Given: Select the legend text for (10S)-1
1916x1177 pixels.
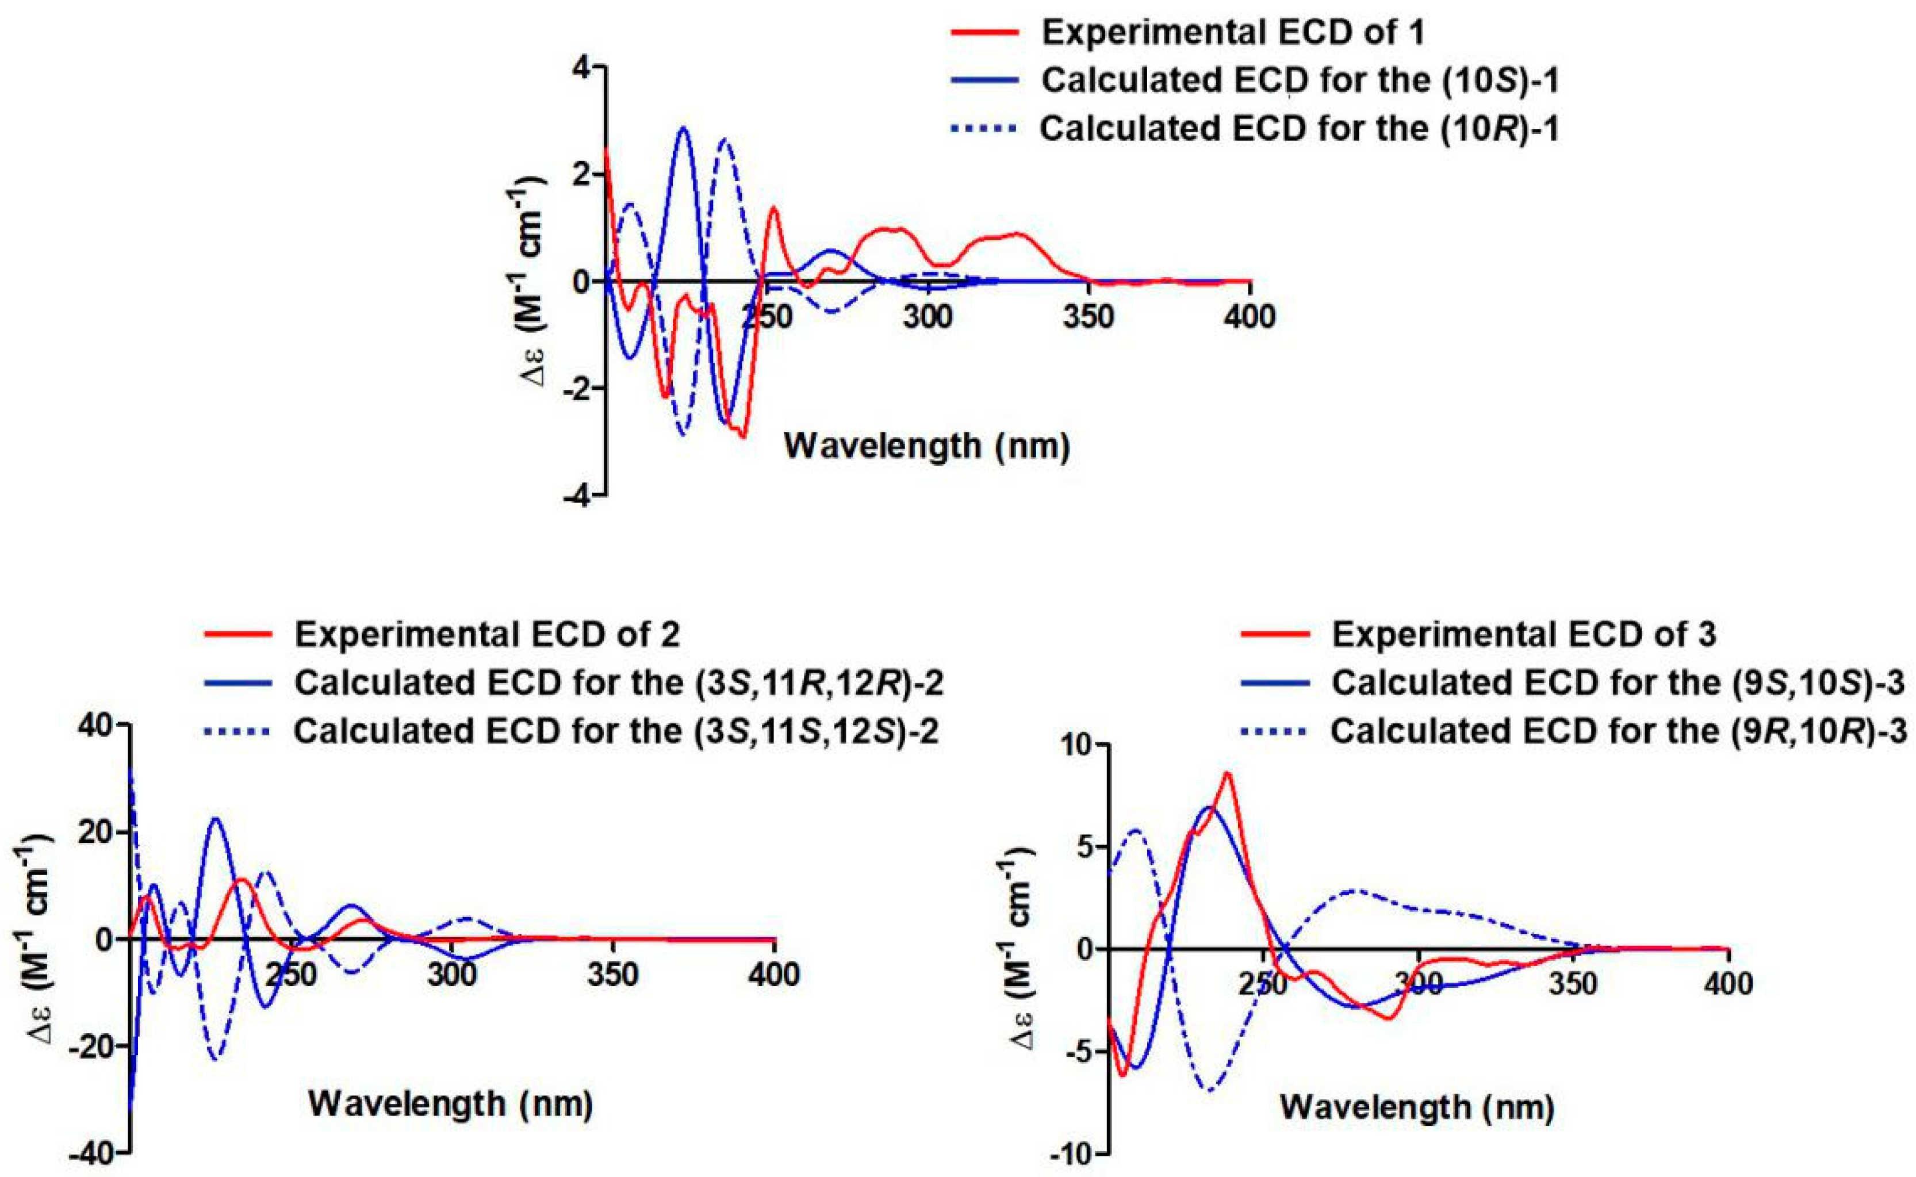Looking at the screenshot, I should coord(1300,81).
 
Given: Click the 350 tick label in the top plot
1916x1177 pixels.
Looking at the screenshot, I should coord(1089,317).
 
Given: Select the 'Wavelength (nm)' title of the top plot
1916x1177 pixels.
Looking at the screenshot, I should coord(926,446).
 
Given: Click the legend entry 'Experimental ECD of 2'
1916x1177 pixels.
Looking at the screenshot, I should coord(486,634).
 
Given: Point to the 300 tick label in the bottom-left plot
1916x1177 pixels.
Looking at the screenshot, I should coord(451,975).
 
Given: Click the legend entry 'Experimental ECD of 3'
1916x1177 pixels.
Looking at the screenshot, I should coord(1524,634).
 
